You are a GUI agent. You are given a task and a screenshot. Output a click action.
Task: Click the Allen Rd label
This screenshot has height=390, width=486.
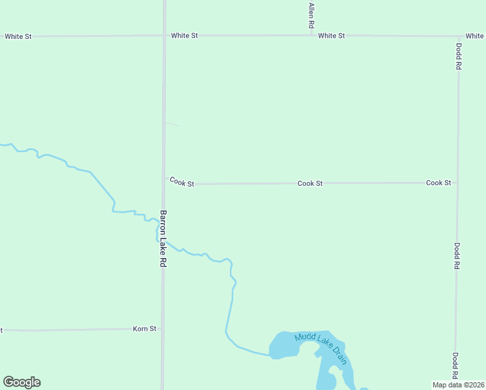(312, 15)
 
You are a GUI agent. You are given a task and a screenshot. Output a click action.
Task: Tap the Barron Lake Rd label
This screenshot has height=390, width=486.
(163, 239)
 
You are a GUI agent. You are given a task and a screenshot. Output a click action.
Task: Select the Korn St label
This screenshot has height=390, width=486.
(144, 329)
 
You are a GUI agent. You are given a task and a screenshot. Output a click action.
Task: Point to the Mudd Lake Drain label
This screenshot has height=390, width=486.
(321, 346)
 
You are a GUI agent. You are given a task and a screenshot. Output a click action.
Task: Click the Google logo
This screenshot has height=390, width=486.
(21, 382)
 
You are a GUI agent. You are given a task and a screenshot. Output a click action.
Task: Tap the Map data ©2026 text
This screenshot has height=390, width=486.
(459, 385)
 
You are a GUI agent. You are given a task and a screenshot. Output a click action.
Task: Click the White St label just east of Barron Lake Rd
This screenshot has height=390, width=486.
(185, 36)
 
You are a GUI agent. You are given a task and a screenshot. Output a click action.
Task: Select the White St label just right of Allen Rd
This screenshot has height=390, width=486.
(331, 36)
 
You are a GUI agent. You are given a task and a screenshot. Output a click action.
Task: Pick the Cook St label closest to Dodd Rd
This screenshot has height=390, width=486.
(439, 183)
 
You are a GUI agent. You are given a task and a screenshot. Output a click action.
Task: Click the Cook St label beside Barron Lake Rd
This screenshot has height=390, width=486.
(182, 183)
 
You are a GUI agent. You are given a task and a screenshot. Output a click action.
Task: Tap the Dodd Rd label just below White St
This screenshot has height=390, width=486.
(459, 57)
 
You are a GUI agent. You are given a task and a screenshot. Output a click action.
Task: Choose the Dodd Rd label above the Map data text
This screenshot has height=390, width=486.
(456, 366)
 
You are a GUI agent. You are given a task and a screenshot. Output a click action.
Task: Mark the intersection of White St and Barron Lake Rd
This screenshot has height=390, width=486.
(164, 36)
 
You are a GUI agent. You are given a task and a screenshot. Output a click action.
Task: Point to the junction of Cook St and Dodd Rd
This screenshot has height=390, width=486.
(457, 183)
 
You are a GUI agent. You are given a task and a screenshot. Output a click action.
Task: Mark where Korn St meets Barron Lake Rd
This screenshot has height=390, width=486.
(162, 329)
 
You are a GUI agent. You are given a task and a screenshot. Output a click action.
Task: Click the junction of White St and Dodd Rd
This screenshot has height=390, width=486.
(459, 36)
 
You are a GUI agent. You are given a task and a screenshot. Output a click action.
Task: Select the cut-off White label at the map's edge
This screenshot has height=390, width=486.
(475, 36)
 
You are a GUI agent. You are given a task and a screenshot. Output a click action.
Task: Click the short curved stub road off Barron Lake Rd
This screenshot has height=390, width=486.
(172, 123)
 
